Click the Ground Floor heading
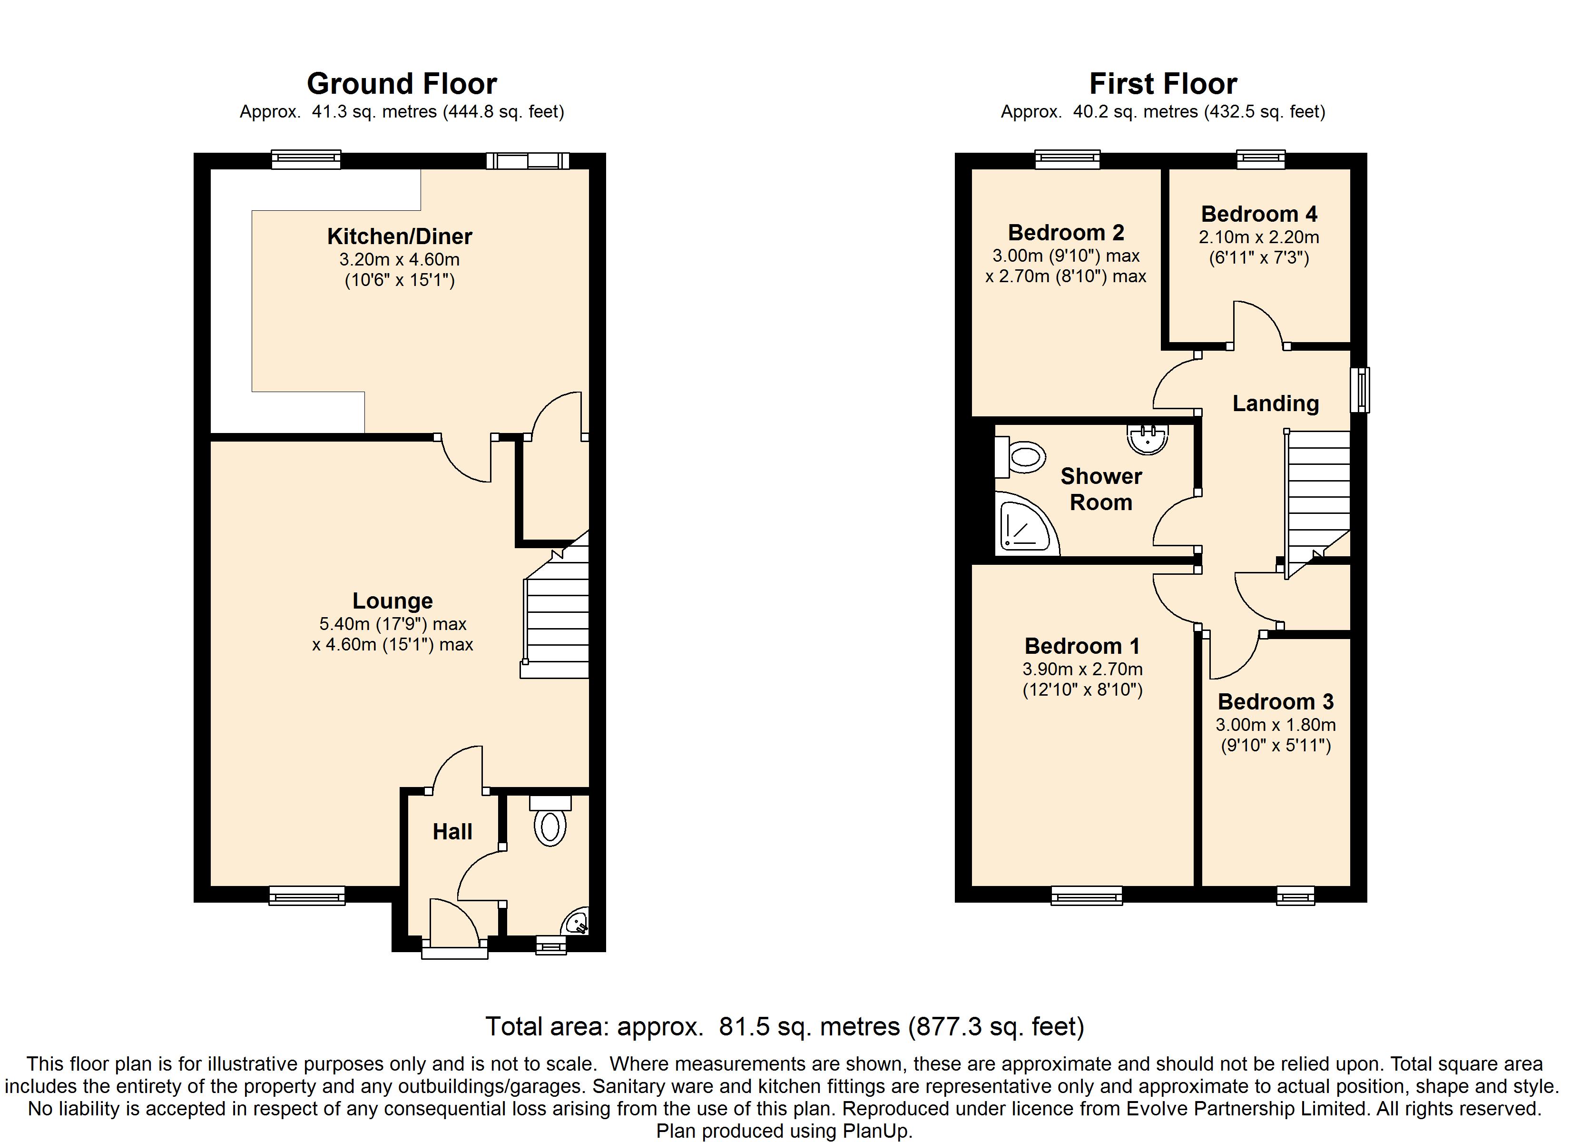[402, 84]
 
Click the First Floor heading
[1163, 84]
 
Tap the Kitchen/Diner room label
[400, 236]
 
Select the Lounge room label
[392, 601]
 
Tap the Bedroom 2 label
[1066, 232]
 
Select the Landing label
[1276, 403]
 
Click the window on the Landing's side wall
[1360, 390]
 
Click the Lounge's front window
[307, 896]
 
